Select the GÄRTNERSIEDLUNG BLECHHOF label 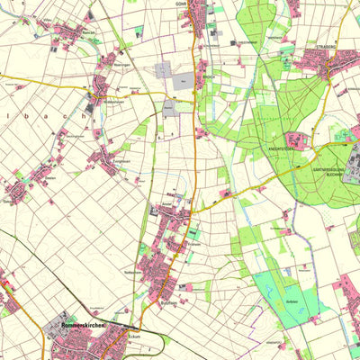(x=329, y=173)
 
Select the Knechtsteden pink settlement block (x=297, y=139)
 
